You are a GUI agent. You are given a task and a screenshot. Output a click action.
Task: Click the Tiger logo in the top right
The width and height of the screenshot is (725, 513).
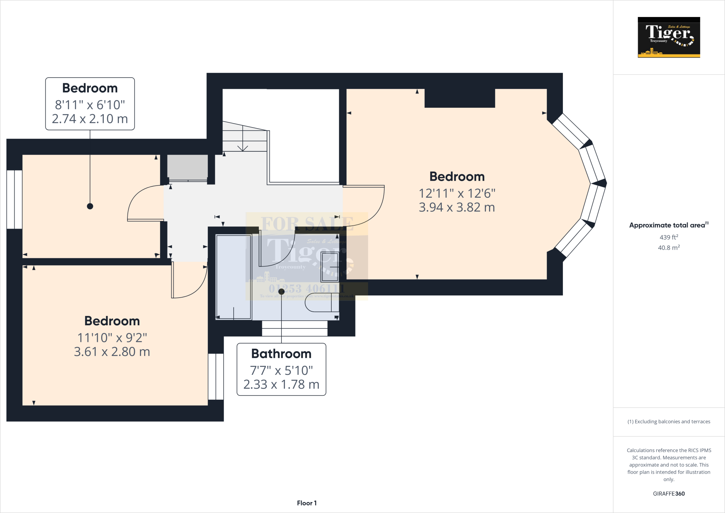[x=669, y=37]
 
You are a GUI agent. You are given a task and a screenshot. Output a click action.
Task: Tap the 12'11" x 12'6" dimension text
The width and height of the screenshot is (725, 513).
[x=457, y=193]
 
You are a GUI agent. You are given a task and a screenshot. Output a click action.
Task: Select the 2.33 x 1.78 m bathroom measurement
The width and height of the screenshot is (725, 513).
[x=281, y=384]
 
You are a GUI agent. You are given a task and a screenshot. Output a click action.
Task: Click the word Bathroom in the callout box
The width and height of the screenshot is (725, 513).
[x=281, y=354]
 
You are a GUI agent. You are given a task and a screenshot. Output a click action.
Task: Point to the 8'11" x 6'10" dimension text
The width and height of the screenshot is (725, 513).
[x=90, y=105]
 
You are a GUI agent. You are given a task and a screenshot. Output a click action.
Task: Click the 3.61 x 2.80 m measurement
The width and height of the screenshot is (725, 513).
[x=112, y=352]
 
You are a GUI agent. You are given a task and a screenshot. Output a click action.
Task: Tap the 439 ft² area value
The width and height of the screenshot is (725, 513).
[x=669, y=237]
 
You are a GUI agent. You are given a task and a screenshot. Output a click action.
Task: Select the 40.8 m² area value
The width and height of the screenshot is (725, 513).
[x=669, y=248]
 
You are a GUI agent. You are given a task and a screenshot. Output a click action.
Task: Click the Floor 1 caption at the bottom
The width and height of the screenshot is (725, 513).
[x=307, y=503]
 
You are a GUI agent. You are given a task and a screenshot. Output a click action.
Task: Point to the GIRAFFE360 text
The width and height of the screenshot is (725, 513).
[x=669, y=494]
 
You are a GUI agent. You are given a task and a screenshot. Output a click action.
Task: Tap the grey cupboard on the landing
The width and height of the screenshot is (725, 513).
[x=187, y=167]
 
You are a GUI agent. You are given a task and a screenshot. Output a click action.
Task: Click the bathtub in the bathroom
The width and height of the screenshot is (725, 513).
[x=233, y=276]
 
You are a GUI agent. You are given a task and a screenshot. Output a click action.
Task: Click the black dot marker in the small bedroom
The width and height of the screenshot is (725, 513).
[x=90, y=206]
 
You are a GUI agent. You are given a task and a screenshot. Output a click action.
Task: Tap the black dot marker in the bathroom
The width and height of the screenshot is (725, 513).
[x=281, y=292]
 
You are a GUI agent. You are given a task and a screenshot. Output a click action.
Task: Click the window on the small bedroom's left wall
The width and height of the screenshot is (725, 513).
[x=15, y=199]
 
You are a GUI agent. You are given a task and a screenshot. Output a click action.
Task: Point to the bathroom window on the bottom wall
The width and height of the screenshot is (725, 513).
[x=295, y=328]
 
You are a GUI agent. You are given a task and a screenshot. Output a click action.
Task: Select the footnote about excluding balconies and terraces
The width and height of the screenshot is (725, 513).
[x=669, y=422]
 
